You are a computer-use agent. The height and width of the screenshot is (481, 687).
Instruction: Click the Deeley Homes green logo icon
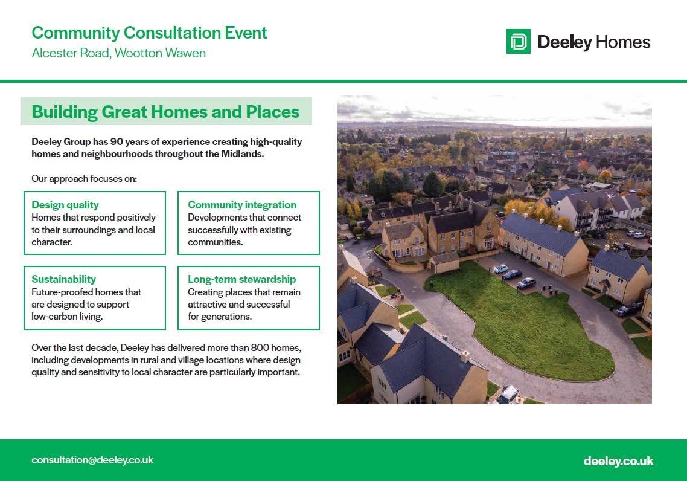[519, 42]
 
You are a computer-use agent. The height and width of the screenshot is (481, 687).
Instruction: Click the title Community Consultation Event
[149, 33]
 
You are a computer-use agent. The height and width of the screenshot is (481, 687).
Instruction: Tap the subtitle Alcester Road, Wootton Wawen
[119, 53]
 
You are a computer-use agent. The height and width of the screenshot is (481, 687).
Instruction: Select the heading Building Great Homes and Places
[165, 112]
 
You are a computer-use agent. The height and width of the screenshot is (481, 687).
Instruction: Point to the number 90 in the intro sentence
[117, 141]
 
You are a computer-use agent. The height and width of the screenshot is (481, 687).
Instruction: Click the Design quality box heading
[65, 205]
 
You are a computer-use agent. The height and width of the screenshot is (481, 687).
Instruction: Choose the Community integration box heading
[242, 205]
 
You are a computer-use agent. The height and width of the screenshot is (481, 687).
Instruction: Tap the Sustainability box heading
[63, 279]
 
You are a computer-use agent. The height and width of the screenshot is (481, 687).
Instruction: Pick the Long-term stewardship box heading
[242, 279]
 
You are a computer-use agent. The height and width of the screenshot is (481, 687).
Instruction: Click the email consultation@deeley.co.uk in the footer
[92, 460]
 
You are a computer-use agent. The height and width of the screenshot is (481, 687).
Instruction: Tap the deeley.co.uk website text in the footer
[619, 461]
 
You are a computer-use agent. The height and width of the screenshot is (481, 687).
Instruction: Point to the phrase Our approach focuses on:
[84, 179]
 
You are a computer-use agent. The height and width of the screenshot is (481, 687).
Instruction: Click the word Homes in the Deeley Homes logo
[623, 42]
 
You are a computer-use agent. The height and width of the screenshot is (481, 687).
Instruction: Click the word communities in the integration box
[214, 242]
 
